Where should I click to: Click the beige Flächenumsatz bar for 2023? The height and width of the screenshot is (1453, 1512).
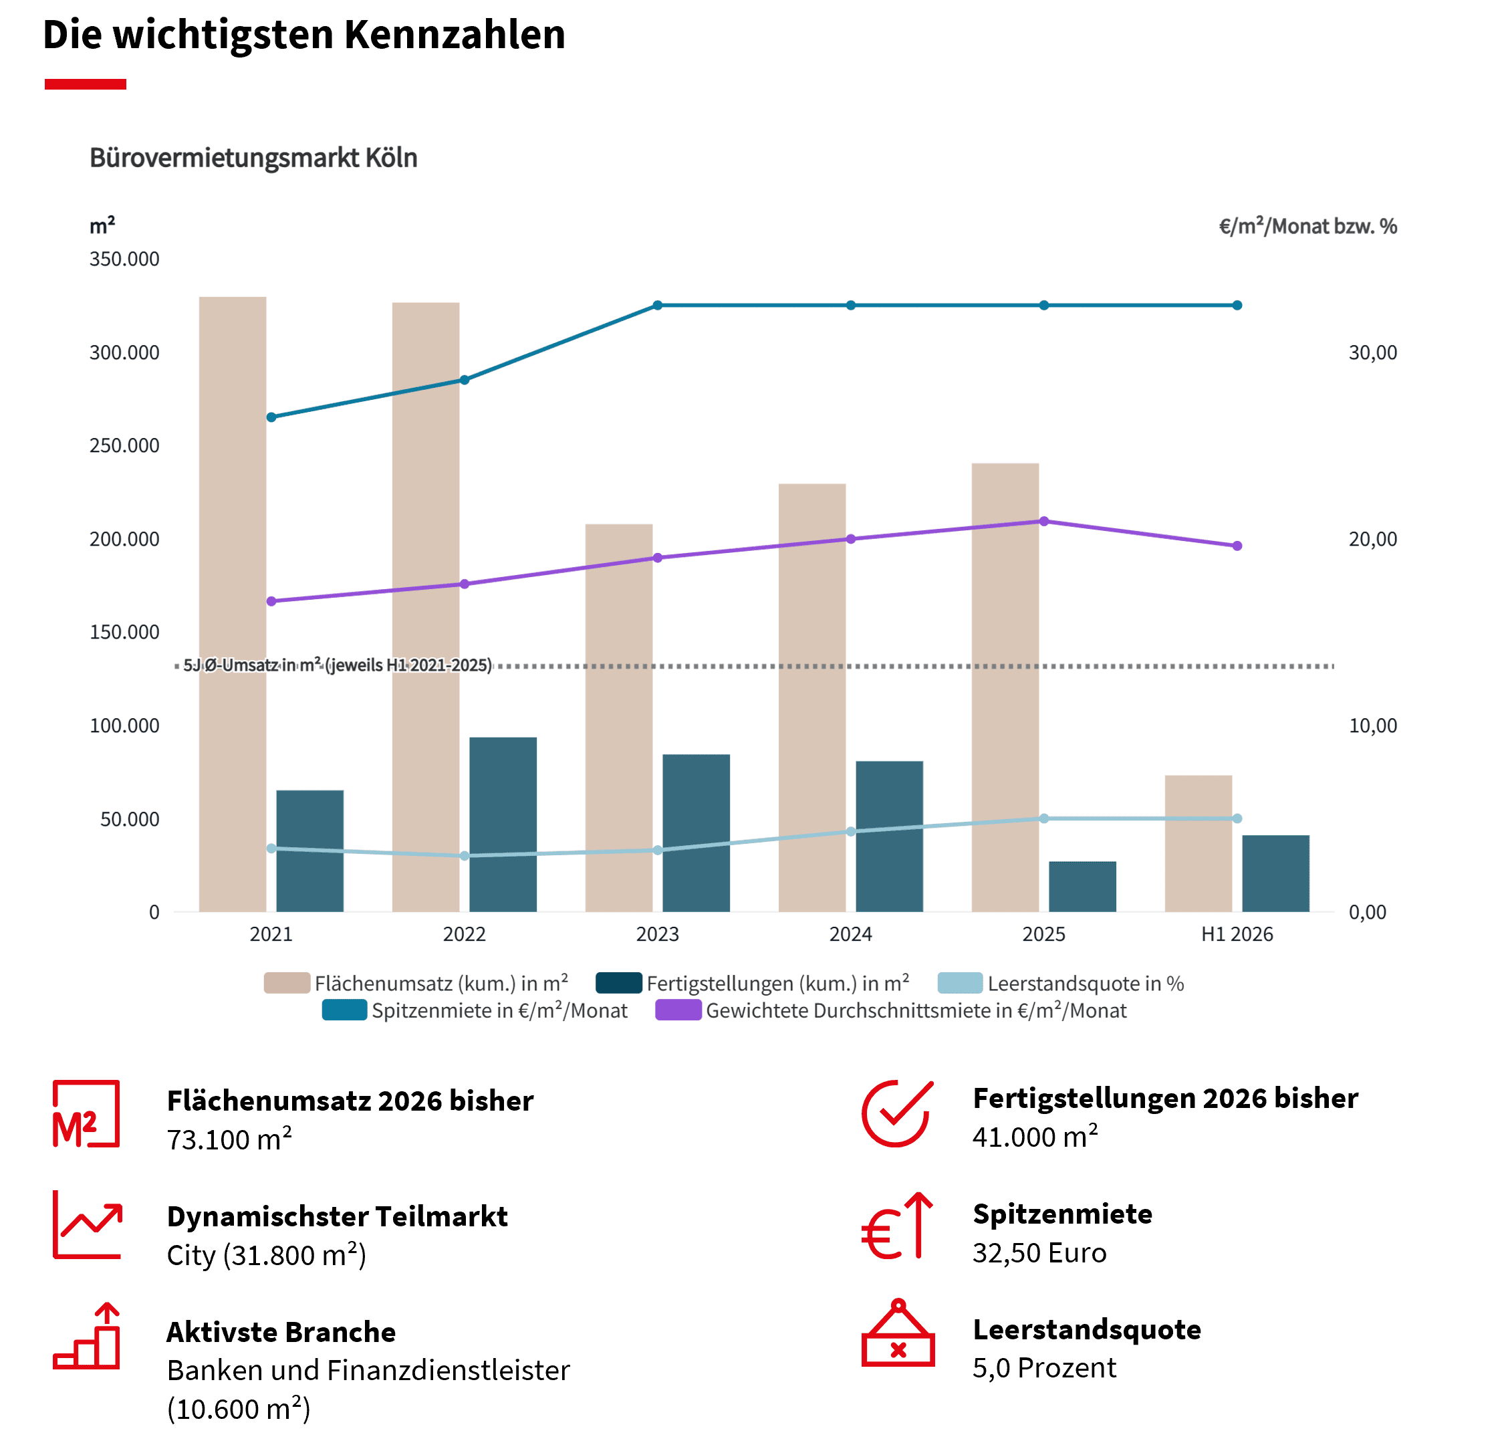(x=619, y=717)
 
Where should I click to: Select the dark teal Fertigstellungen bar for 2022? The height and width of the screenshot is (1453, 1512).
(x=503, y=824)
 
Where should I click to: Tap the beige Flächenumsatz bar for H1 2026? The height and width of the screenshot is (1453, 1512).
(x=1198, y=843)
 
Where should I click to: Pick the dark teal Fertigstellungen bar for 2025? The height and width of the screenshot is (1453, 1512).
(x=1082, y=887)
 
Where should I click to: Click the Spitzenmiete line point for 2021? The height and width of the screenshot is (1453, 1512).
(x=271, y=417)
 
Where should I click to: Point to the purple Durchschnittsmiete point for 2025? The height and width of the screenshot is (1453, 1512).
(x=1043, y=522)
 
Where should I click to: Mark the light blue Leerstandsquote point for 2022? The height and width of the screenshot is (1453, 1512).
(x=465, y=856)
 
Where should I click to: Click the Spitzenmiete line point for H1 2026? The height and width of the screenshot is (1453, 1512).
(x=1237, y=306)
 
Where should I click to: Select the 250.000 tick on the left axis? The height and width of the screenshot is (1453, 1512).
(x=124, y=446)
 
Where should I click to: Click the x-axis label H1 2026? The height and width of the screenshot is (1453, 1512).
(x=1237, y=935)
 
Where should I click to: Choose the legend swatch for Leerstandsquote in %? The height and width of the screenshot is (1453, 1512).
(x=960, y=983)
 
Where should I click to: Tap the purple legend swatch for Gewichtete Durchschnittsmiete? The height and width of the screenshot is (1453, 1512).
(x=678, y=1010)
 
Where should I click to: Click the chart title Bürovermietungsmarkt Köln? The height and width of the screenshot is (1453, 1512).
(x=254, y=157)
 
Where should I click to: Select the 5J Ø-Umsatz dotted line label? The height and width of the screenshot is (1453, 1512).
(x=337, y=665)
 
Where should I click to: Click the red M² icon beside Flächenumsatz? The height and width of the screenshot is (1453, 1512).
(x=86, y=1113)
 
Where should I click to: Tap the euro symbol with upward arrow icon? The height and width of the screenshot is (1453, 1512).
(x=897, y=1226)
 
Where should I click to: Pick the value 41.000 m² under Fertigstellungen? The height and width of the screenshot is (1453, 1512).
(x=1035, y=1137)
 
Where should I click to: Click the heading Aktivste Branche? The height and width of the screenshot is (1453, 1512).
(x=281, y=1332)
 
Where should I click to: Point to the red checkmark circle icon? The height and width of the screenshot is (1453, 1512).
(x=897, y=1113)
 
